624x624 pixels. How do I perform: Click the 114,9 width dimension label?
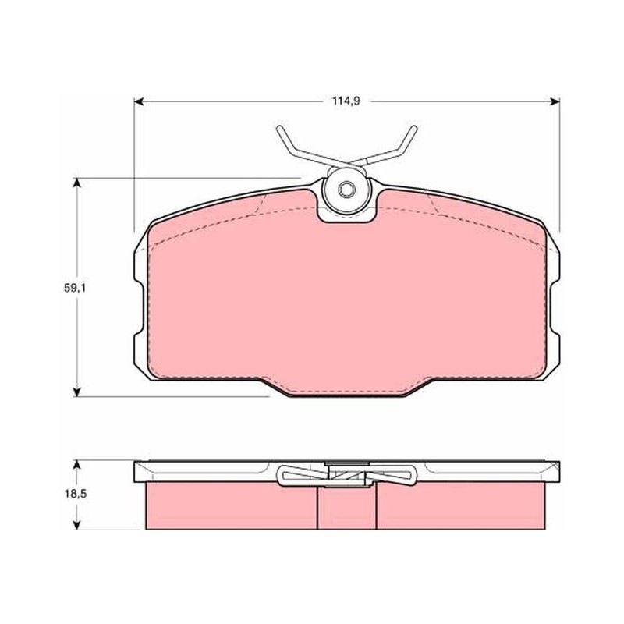tap(346, 101)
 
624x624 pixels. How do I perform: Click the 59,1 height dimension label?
tap(75, 288)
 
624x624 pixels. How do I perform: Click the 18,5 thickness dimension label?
tap(75, 494)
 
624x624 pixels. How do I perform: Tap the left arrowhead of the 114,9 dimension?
tap(139, 102)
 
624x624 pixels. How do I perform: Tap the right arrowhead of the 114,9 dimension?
tap(555, 102)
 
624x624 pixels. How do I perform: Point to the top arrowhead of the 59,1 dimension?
tap(77, 183)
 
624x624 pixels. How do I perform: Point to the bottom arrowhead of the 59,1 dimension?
tap(77, 392)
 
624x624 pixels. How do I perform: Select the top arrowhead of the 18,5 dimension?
tap(77, 466)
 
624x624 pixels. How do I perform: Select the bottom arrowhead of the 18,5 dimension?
tap(77, 525)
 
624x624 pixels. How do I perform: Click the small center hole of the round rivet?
tap(346, 189)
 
